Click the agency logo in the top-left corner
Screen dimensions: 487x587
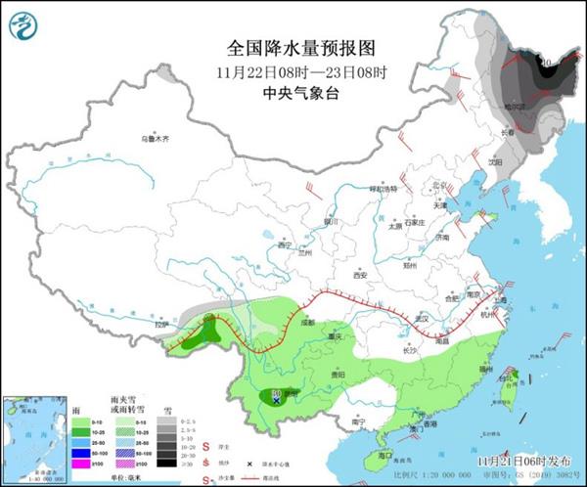(x=28, y=26)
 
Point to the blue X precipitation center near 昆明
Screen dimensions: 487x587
(x=277, y=400)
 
